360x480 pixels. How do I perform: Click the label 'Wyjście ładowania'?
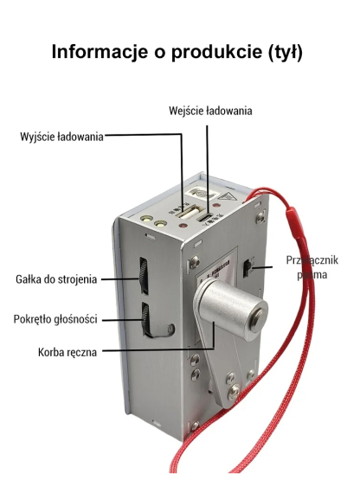coord(61,137)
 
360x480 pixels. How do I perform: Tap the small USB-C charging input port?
coord(206,217)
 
